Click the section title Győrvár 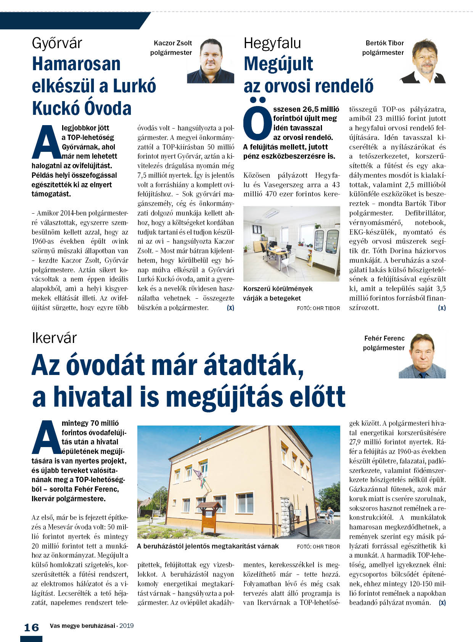coord(57,43)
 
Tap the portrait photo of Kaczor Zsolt coord(210,60)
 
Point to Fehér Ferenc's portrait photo coord(422,356)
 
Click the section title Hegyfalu coord(272,43)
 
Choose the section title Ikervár coord(54,338)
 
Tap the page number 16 coord(31,628)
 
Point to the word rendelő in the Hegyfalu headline coord(347,86)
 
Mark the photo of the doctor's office coord(291,244)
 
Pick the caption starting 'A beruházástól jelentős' coord(208,546)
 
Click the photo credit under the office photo coord(318,308)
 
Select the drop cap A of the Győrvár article coord(46,142)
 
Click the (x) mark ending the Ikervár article coord(442,603)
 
